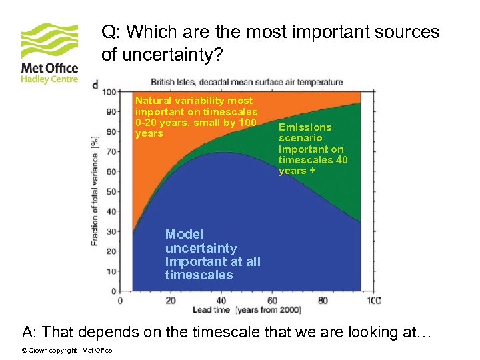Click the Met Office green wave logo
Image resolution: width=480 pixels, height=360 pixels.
point(49,41)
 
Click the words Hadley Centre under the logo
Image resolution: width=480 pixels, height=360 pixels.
point(49,79)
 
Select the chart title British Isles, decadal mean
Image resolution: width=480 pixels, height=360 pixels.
point(247,82)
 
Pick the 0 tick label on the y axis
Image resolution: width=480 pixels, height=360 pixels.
point(113,291)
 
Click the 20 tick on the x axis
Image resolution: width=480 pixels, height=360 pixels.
point(171,301)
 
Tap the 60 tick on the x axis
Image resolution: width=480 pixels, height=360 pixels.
point(272,301)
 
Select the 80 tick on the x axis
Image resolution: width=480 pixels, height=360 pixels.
point(323,301)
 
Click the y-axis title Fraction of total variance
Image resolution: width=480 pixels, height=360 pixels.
point(95,191)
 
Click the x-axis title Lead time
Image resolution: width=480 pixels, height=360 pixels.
point(211,310)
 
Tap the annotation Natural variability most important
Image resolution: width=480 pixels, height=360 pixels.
point(196,117)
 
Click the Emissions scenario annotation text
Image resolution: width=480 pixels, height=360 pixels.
point(312,149)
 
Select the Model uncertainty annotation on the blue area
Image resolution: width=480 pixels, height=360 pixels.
point(213,255)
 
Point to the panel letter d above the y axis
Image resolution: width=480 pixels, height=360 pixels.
point(95,84)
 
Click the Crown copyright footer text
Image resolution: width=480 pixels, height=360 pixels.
point(67,351)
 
